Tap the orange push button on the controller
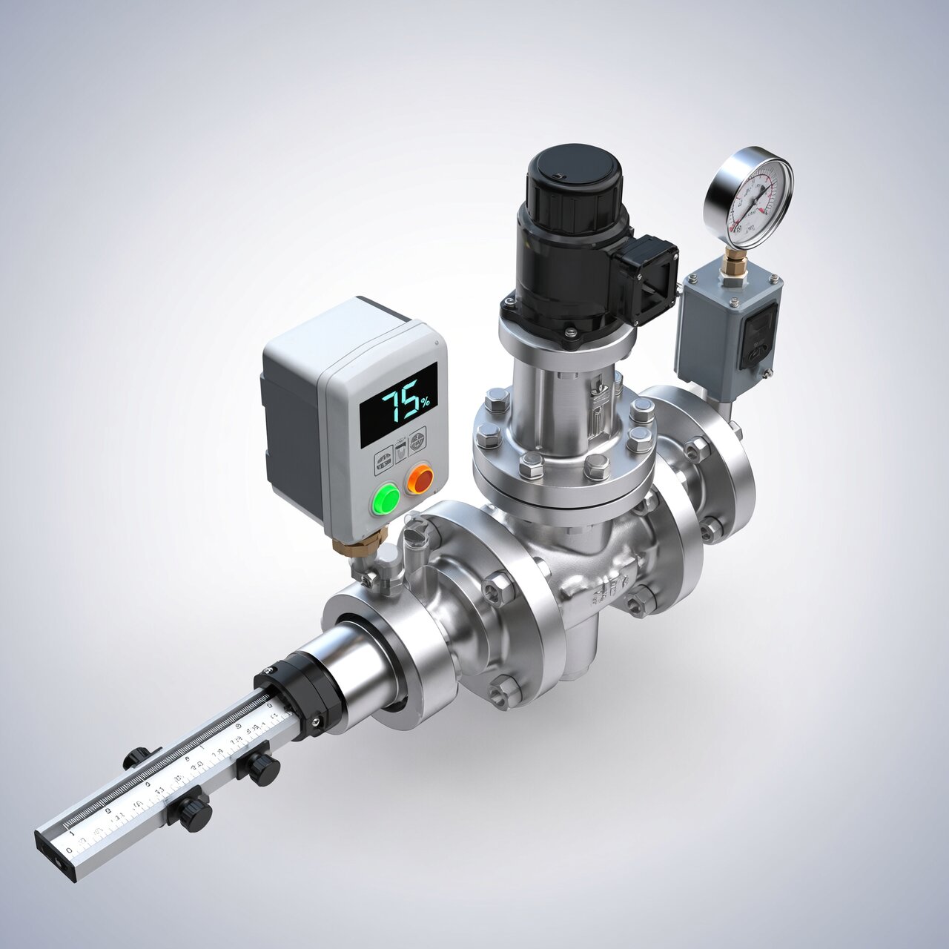click(x=420, y=480)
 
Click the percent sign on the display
click(x=425, y=403)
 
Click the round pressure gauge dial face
click(x=749, y=197)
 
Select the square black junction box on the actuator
click(x=647, y=279)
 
